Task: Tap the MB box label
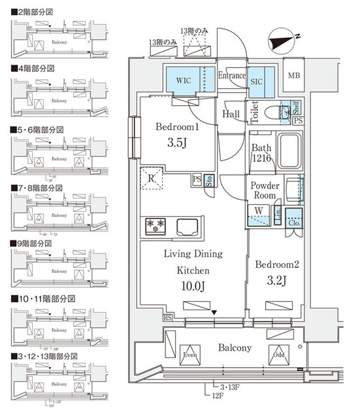coord(295,76)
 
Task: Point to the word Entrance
coord(231,75)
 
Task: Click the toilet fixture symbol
coord(286,114)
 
